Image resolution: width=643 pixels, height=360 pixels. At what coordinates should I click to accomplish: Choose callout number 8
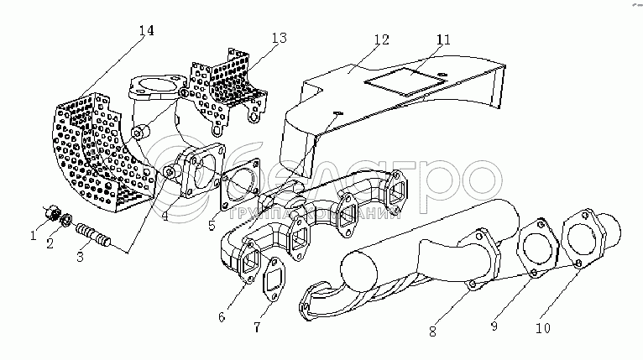click(432, 331)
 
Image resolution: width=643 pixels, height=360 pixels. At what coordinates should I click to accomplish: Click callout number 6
click(222, 316)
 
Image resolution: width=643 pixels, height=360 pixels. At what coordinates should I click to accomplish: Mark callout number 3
click(81, 258)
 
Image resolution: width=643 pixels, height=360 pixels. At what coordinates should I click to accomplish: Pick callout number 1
click(34, 236)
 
